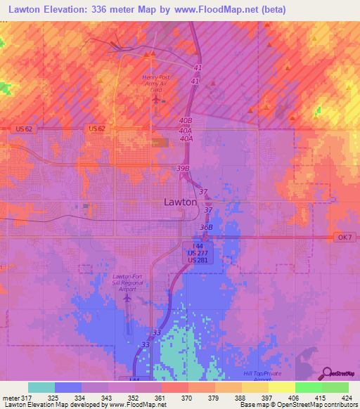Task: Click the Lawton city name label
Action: pos(180,202)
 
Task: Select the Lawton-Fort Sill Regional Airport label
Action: pos(129,283)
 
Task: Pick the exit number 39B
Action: pos(183,169)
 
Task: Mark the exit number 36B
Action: pos(206,227)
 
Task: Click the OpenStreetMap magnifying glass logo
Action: pos(328,374)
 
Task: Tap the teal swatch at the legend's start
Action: pos(41,387)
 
